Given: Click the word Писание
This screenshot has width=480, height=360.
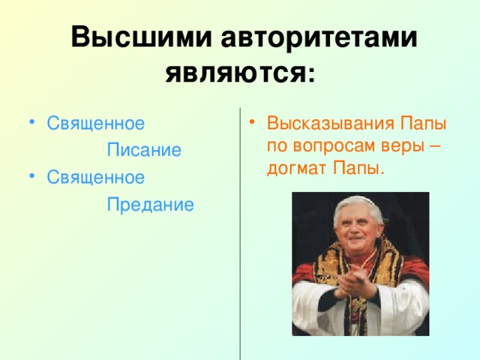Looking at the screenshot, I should (x=144, y=150).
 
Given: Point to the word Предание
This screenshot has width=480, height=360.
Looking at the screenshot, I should (x=150, y=204).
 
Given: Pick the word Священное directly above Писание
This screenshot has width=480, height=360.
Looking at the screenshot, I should (x=95, y=123).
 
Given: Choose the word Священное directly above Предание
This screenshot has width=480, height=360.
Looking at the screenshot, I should (x=95, y=177).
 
